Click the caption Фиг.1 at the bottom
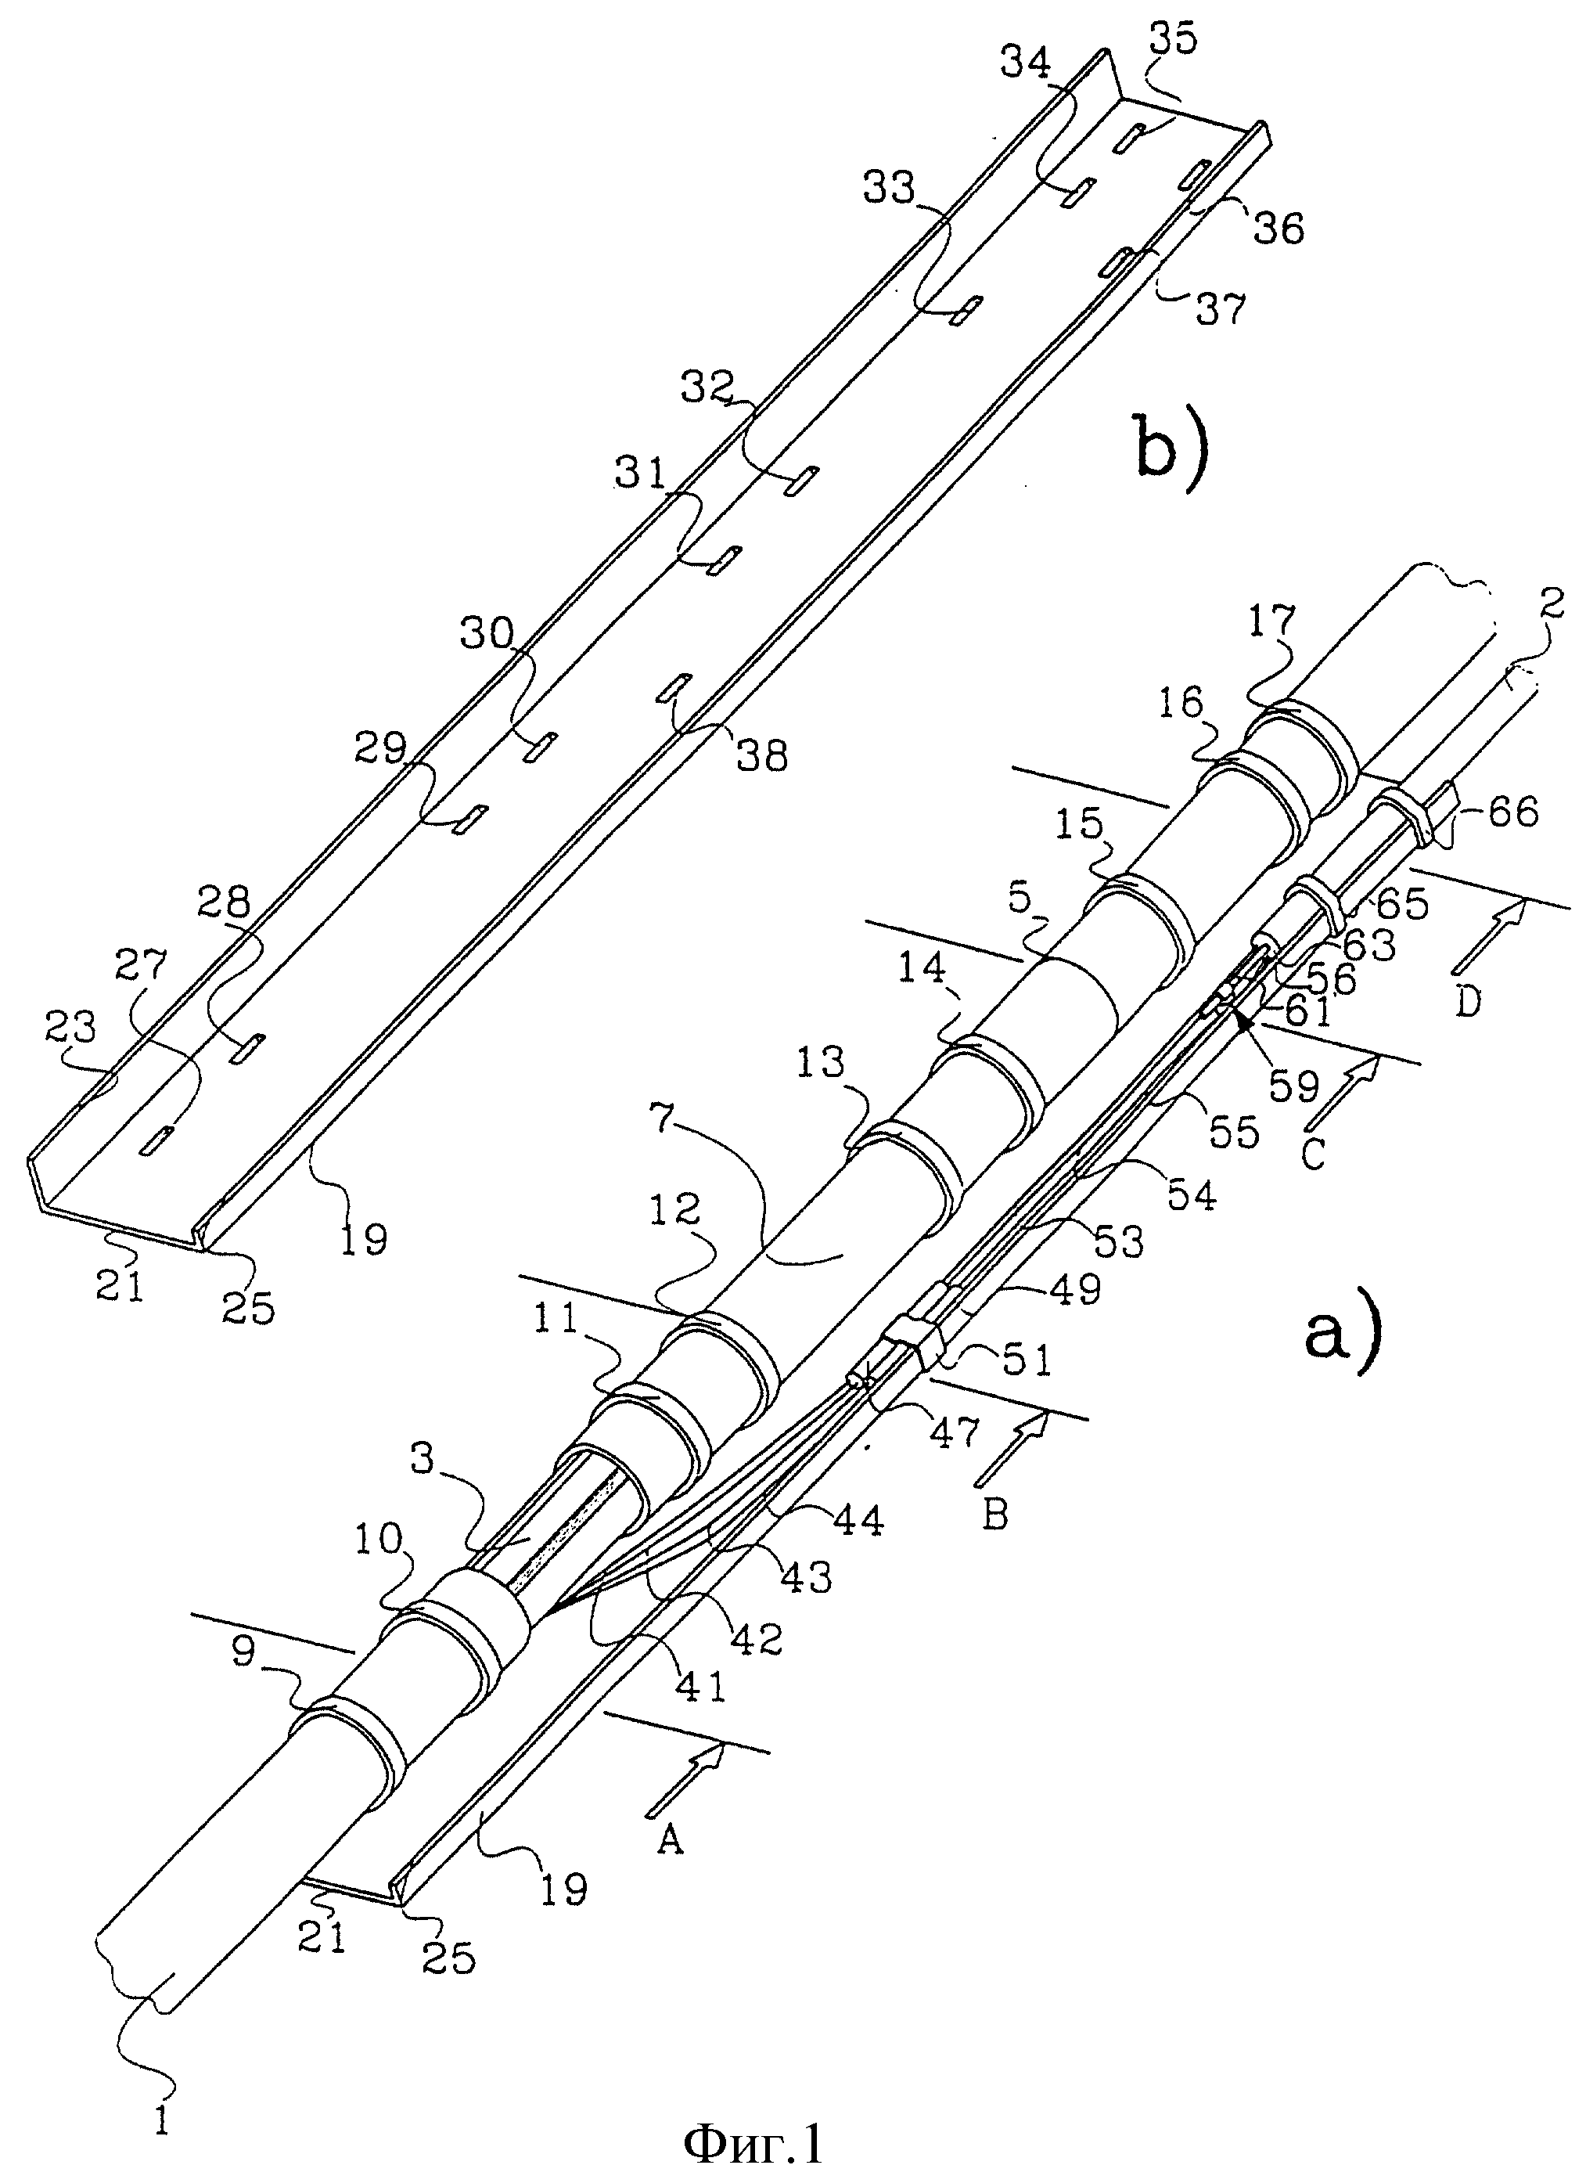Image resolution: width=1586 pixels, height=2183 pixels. pos(753,2141)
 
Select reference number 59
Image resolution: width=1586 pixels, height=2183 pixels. pos(1293,1085)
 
